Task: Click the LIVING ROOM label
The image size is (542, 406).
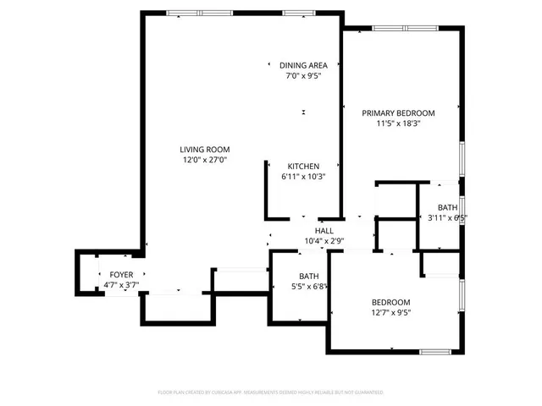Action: (x=204, y=149)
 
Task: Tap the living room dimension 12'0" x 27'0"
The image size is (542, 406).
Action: (x=204, y=159)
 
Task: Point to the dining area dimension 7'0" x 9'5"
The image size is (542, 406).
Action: (x=302, y=75)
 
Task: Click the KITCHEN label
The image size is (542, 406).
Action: (x=302, y=167)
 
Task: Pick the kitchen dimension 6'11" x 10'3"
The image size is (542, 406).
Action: (x=302, y=177)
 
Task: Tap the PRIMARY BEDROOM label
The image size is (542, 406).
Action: (x=398, y=113)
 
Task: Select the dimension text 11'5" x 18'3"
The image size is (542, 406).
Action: (x=398, y=123)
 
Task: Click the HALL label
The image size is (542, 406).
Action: (x=324, y=231)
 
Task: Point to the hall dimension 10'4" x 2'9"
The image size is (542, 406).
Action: (x=324, y=241)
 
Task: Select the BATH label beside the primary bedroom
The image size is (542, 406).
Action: (x=447, y=208)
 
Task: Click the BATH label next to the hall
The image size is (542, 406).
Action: (x=309, y=277)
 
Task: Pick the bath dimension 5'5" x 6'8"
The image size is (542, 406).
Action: (x=309, y=287)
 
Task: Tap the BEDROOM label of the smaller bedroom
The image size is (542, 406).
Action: (x=390, y=303)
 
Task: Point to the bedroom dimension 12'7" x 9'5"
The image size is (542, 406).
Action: (x=390, y=313)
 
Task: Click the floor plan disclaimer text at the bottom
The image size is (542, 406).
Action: (x=271, y=392)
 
